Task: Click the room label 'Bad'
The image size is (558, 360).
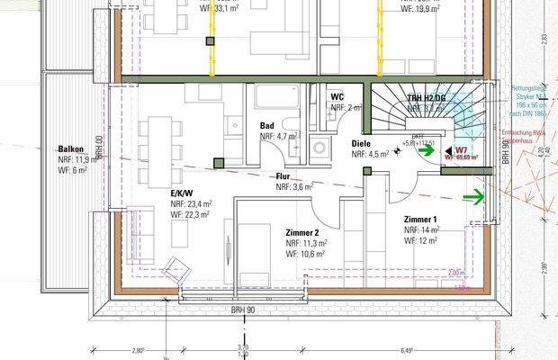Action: [x=267, y=126]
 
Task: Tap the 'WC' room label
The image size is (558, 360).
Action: [x=337, y=96]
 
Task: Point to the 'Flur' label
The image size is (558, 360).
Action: [x=283, y=176]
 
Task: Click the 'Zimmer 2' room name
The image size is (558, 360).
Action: [x=302, y=231]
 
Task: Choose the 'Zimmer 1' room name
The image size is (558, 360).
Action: [x=420, y=220]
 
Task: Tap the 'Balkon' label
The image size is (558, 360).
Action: [x=71, y=148]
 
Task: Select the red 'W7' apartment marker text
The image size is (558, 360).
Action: [x=461, y=148]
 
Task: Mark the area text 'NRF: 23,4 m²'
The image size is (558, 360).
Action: [x=189, y=204]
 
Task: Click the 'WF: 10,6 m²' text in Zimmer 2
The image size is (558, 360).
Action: [x=305, y=254]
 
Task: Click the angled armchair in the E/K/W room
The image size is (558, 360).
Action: [x=173, y=268]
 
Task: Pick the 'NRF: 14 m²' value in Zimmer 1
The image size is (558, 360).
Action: [x=420, y=230]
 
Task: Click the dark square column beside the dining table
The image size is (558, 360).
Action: [x=218, y=163]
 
